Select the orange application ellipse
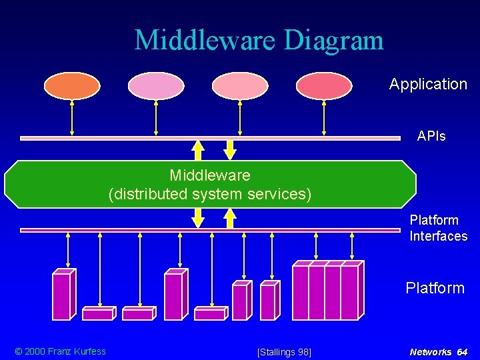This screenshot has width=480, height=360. click(x=72, y=86)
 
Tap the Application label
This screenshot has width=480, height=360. click(x=428, y=84)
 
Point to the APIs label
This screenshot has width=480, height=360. click(x=431, y=136)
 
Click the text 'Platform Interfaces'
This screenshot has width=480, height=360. click(x=438, y=228)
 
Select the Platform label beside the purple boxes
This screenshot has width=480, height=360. click(x=435, y=288)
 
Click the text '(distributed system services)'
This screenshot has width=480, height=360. click(x=210, y=195)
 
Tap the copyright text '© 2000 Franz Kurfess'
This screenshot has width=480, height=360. click(x=61, y=351)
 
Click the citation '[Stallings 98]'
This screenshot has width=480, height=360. click(x=284, y=352)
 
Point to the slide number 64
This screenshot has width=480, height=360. click(x=462, y=352)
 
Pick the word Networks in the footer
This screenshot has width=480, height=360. click(x=430, y=352)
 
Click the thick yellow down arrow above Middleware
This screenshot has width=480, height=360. click(x=230, y=150)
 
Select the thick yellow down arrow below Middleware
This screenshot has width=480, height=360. click(x=198, y=217)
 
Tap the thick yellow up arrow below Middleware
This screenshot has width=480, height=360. click(x=230, y=218)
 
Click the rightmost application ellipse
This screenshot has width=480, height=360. click(x=324, y=86)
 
